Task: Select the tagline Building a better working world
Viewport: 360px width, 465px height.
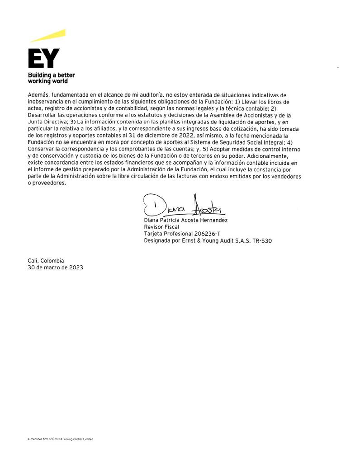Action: [x=51, y=78]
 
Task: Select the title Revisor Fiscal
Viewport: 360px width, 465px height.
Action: [x=161, y=227]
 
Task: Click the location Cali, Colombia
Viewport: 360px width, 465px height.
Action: [x=46, y=261]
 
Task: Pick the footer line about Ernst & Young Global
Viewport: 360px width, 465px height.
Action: [x=60, y=439]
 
